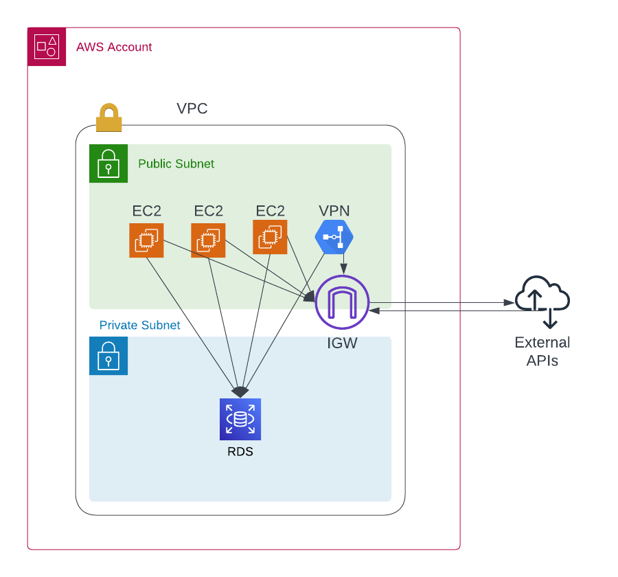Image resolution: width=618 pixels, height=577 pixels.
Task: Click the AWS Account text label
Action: coord(114,47)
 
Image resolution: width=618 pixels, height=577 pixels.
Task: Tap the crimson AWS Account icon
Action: coord(47,47)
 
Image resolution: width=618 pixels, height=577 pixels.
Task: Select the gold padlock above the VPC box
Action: coord(108,117)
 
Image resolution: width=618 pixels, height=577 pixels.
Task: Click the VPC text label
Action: coord(192,109)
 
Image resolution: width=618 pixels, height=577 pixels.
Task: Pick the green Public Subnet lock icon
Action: coord(108,163)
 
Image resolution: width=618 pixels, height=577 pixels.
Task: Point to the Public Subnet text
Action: coord(176,164)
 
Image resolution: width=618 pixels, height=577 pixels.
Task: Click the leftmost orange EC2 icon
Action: coord(146,240)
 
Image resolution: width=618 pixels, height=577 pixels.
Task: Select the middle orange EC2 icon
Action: coord(208,240)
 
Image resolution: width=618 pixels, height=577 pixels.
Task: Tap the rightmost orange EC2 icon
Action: coord(270,237)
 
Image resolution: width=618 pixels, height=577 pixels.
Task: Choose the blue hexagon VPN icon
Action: coord(334,237)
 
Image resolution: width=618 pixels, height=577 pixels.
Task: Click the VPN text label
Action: coord(334,211)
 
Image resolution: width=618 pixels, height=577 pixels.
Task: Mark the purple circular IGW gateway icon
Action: coord(342,302)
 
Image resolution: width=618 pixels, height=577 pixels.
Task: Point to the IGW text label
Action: coord(342,343)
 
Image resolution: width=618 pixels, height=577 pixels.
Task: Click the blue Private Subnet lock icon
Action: coord(108,356)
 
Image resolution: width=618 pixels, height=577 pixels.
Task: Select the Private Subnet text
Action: coord(139,325)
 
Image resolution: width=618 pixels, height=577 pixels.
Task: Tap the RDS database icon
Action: coord(240,419)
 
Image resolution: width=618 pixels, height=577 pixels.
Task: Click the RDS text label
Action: coord(240,452)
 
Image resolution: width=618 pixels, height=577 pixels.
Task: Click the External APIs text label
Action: coord(542,351)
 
